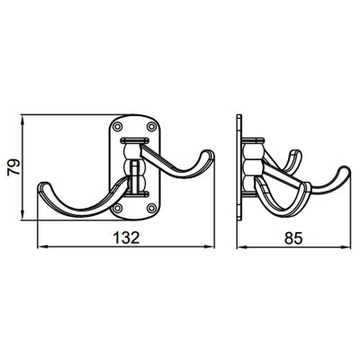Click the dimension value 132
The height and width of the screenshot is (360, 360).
point(126,238)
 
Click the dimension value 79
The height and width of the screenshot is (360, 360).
point(14,167)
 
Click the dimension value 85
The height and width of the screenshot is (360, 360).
point(293,238)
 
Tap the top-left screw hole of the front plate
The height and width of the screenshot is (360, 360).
point(118,126)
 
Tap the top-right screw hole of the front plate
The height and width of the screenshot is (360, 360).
point(151,126)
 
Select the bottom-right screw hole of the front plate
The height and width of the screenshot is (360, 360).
point(152,207)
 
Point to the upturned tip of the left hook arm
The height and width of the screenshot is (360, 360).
point(43,184)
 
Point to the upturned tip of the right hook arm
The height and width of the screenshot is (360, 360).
point(208,152)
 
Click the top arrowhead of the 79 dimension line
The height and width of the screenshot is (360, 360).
point(22,121)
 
